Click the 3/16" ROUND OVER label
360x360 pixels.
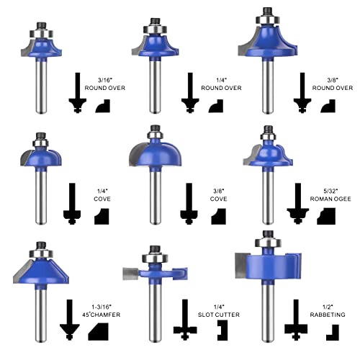[x=105, y=84]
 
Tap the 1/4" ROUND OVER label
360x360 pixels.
[x=221, y=84]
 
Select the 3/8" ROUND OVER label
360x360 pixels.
[x=333, y=84]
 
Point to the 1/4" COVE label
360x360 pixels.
[x=102, y=195]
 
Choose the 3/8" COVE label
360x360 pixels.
[x=218, y=195]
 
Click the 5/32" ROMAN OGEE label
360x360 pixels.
[x=330, y=195]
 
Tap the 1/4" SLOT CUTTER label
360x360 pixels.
[x=219, y=310]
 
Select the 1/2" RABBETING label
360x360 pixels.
[x=328, y=310]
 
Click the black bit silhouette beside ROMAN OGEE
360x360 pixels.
[x=298, y=204]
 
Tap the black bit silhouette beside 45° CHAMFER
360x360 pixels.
[x=70, y=320]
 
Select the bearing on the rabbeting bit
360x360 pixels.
[x=268, y=243]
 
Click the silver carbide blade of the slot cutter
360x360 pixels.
[x=130, y=274]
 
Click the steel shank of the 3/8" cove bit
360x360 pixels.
[x=156, y=197]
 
